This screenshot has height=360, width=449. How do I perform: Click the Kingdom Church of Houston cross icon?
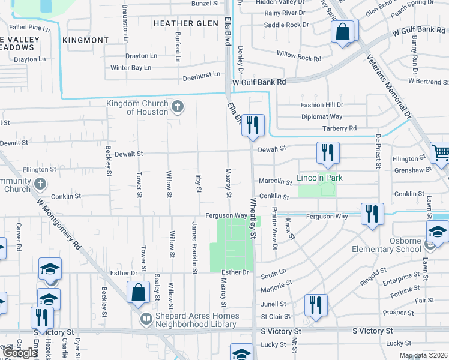(177, 107)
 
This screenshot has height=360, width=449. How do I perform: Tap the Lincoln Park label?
(320, 178)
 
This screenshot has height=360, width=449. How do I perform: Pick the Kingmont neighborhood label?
(85, 40)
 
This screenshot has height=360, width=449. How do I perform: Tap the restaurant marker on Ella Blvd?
(253, 125)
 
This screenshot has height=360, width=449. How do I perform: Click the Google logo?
(20, 353)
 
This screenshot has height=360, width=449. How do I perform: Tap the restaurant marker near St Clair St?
(314, 304)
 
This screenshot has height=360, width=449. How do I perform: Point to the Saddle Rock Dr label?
(286, 25)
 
